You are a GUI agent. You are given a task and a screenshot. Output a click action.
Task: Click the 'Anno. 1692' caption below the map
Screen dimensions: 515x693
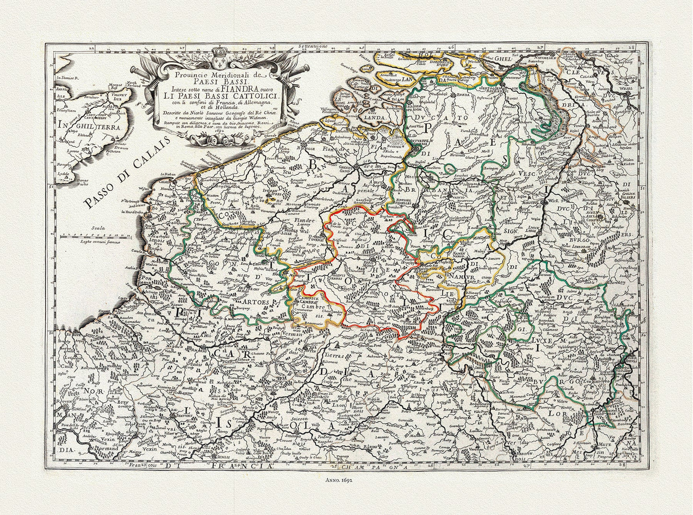click(346, 478)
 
